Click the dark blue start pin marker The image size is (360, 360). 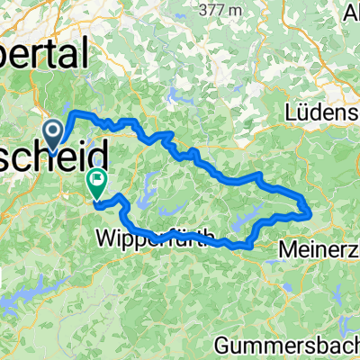(54, 135)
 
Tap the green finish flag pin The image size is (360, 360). (96, 183)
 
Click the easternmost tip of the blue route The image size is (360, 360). (310, 211)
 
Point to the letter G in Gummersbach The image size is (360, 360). (224, 345)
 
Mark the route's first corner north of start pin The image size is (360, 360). (73, 112)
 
